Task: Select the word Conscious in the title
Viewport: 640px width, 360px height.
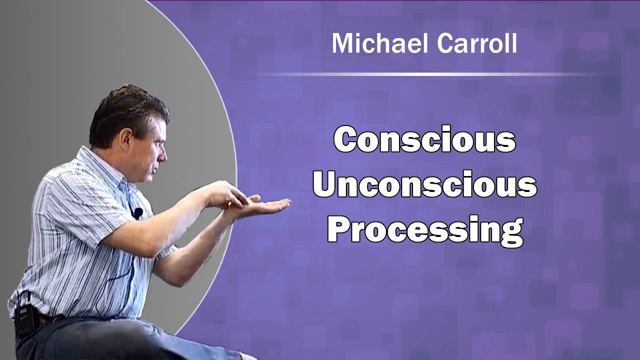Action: (424, 140)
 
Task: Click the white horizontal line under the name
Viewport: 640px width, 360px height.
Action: (425, 74)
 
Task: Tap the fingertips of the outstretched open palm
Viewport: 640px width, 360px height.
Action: (285, 203)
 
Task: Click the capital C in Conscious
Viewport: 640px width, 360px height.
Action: (347, 140)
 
